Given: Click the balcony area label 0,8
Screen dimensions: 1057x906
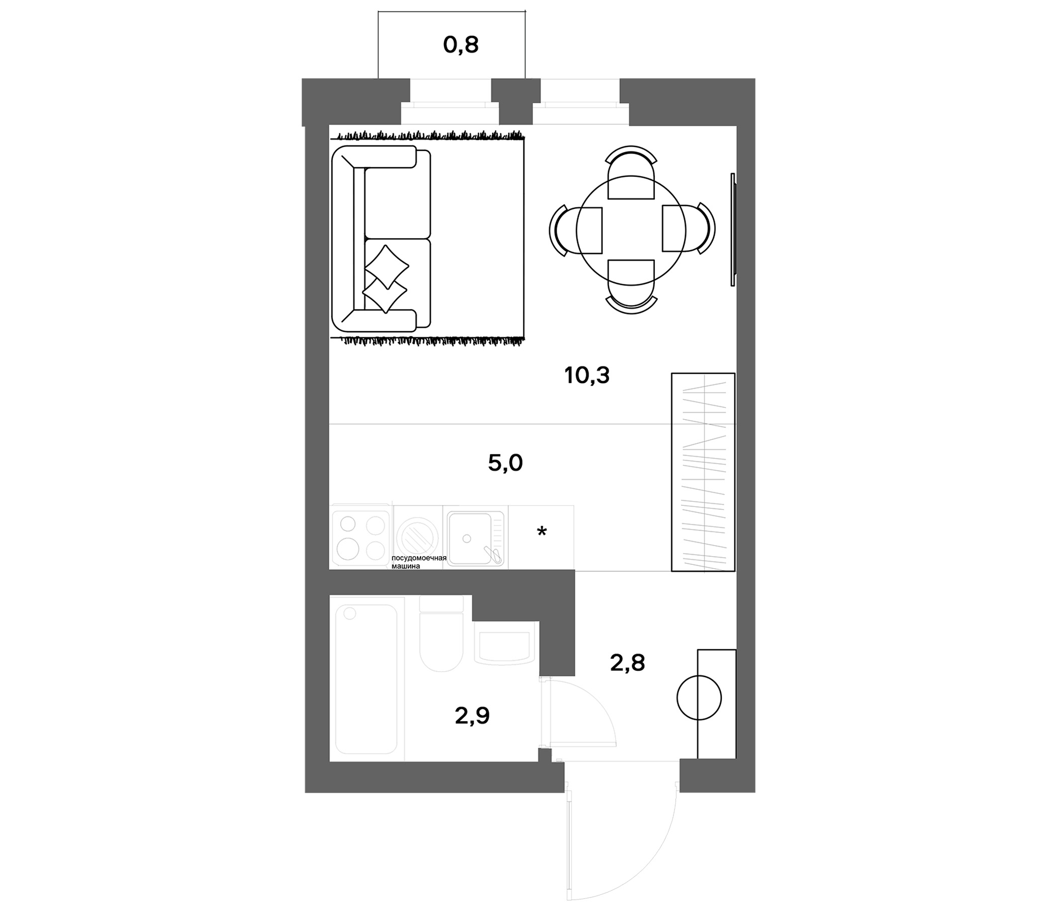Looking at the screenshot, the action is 461,45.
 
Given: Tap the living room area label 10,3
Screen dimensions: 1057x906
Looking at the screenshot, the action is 587,376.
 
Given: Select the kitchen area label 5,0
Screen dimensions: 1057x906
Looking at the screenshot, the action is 505,463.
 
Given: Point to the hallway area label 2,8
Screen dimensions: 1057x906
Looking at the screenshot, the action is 628,663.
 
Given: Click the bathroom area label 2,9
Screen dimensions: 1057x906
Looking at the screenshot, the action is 472,716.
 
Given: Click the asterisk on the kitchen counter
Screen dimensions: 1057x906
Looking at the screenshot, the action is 542,532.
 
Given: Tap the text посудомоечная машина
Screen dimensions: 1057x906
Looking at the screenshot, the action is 418,562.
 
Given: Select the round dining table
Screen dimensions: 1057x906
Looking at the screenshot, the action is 631,230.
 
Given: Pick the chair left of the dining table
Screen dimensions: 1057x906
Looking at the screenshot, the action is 576,230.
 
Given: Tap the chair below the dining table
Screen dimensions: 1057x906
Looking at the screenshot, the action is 631,287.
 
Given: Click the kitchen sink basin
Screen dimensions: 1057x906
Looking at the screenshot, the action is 469,538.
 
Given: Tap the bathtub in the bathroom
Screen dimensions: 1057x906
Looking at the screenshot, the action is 366,678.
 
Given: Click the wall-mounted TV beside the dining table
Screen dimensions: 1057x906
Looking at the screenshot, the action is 733,230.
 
